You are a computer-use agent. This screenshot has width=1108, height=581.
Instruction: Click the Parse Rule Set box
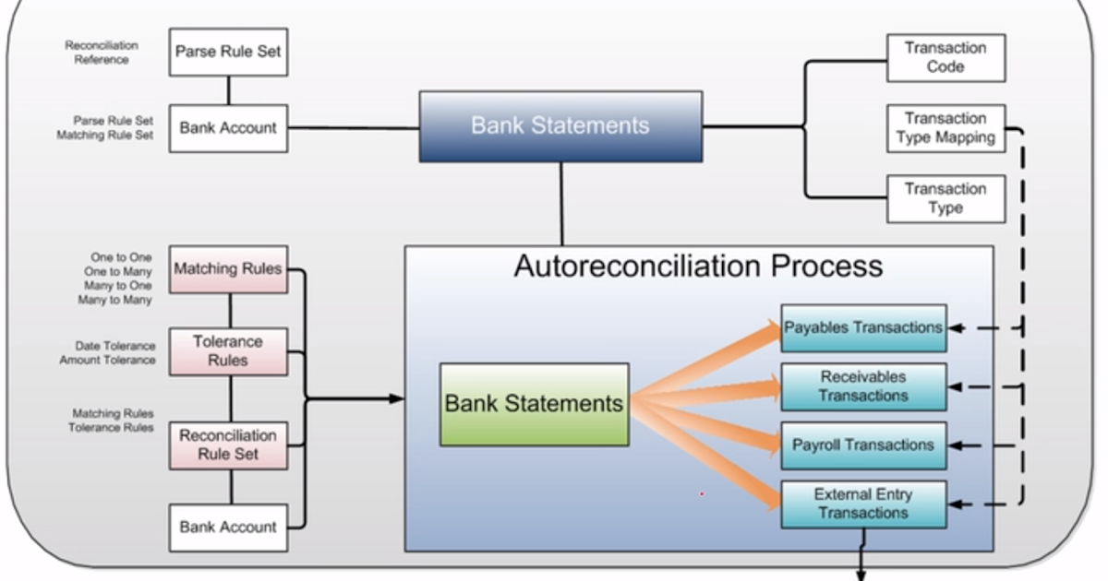[x=228, y=53]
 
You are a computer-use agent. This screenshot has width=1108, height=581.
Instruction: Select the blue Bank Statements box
[x=560, y=126]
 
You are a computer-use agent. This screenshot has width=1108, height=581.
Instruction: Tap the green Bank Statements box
[x=534, y=404]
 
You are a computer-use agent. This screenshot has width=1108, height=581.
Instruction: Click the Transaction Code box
[x=945, y=58]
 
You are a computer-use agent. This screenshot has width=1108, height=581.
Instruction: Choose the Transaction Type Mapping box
[x=945, y=128]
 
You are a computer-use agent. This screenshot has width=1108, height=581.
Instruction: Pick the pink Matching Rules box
[x=228, y=269]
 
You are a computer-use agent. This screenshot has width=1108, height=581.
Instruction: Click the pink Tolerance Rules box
[x=228, y=351]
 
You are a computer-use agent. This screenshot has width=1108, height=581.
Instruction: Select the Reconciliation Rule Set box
[x=228, y=445]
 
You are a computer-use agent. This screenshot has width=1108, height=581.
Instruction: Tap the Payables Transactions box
[x=863, y=328]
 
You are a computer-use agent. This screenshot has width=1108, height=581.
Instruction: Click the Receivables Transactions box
[x=863, y=386]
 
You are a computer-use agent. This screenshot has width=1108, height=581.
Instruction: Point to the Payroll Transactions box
[x=863, y=445]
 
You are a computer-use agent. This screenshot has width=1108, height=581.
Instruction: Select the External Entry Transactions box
[x=863, y=504]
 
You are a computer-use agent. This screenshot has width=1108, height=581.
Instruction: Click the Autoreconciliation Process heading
[x=698, y=267]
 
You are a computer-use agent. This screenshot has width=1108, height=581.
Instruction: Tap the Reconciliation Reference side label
[x=102, y=53]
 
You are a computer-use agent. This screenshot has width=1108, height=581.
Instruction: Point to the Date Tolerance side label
[x=114, y=347]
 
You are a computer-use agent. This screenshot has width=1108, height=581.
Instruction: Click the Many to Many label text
[x=115, y=301]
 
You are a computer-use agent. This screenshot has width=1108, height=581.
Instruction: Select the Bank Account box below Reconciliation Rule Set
[x=228, y=528]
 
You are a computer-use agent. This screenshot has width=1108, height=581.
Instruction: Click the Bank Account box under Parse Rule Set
[x=228, y=128]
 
